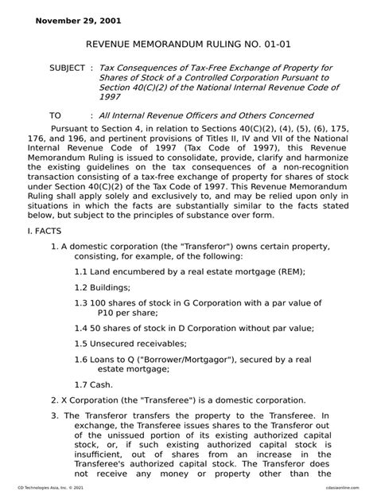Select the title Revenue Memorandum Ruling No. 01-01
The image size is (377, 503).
click(188, 48)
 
